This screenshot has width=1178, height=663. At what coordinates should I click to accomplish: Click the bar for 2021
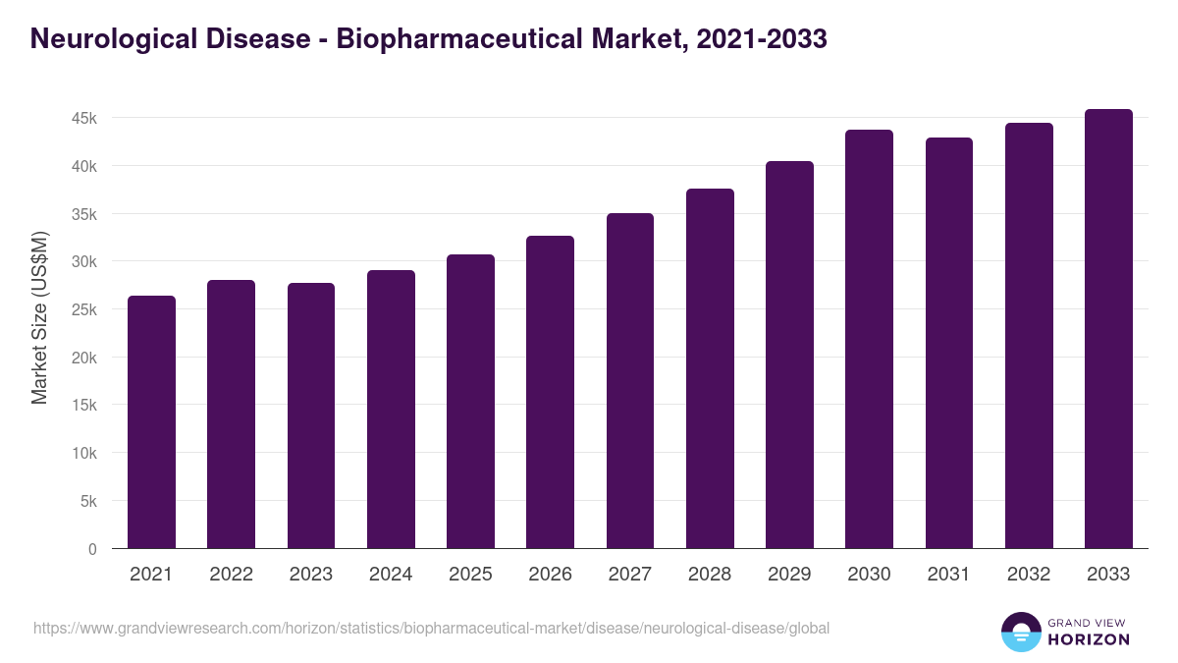coord(151,422)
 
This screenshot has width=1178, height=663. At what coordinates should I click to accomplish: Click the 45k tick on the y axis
coord(84,118)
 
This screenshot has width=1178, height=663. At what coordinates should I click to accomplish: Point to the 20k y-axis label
coord(84,358)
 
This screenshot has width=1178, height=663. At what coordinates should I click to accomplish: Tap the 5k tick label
coord(88,502)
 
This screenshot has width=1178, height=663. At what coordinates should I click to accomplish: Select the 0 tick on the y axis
coord(92,550)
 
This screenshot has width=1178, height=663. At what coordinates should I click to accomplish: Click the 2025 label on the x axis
coord(470,575)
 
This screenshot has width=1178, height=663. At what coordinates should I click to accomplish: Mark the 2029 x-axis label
coord(789,575)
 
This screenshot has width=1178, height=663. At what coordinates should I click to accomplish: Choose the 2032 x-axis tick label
coord(1029,575)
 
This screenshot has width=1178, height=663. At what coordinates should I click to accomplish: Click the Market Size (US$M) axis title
coord(39,317)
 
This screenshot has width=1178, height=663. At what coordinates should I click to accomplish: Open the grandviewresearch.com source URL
coord(432,628)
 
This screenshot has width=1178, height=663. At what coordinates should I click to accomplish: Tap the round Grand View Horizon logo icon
coord(1021,632)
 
